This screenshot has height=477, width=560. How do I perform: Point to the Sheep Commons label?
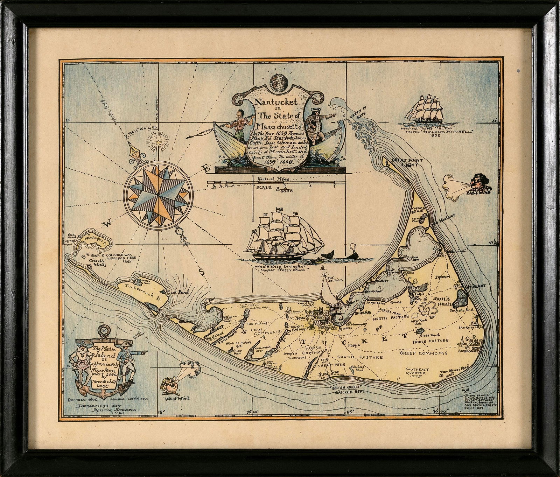[x=424, y=353]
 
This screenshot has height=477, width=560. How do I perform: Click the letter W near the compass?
[x=108, y=221]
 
